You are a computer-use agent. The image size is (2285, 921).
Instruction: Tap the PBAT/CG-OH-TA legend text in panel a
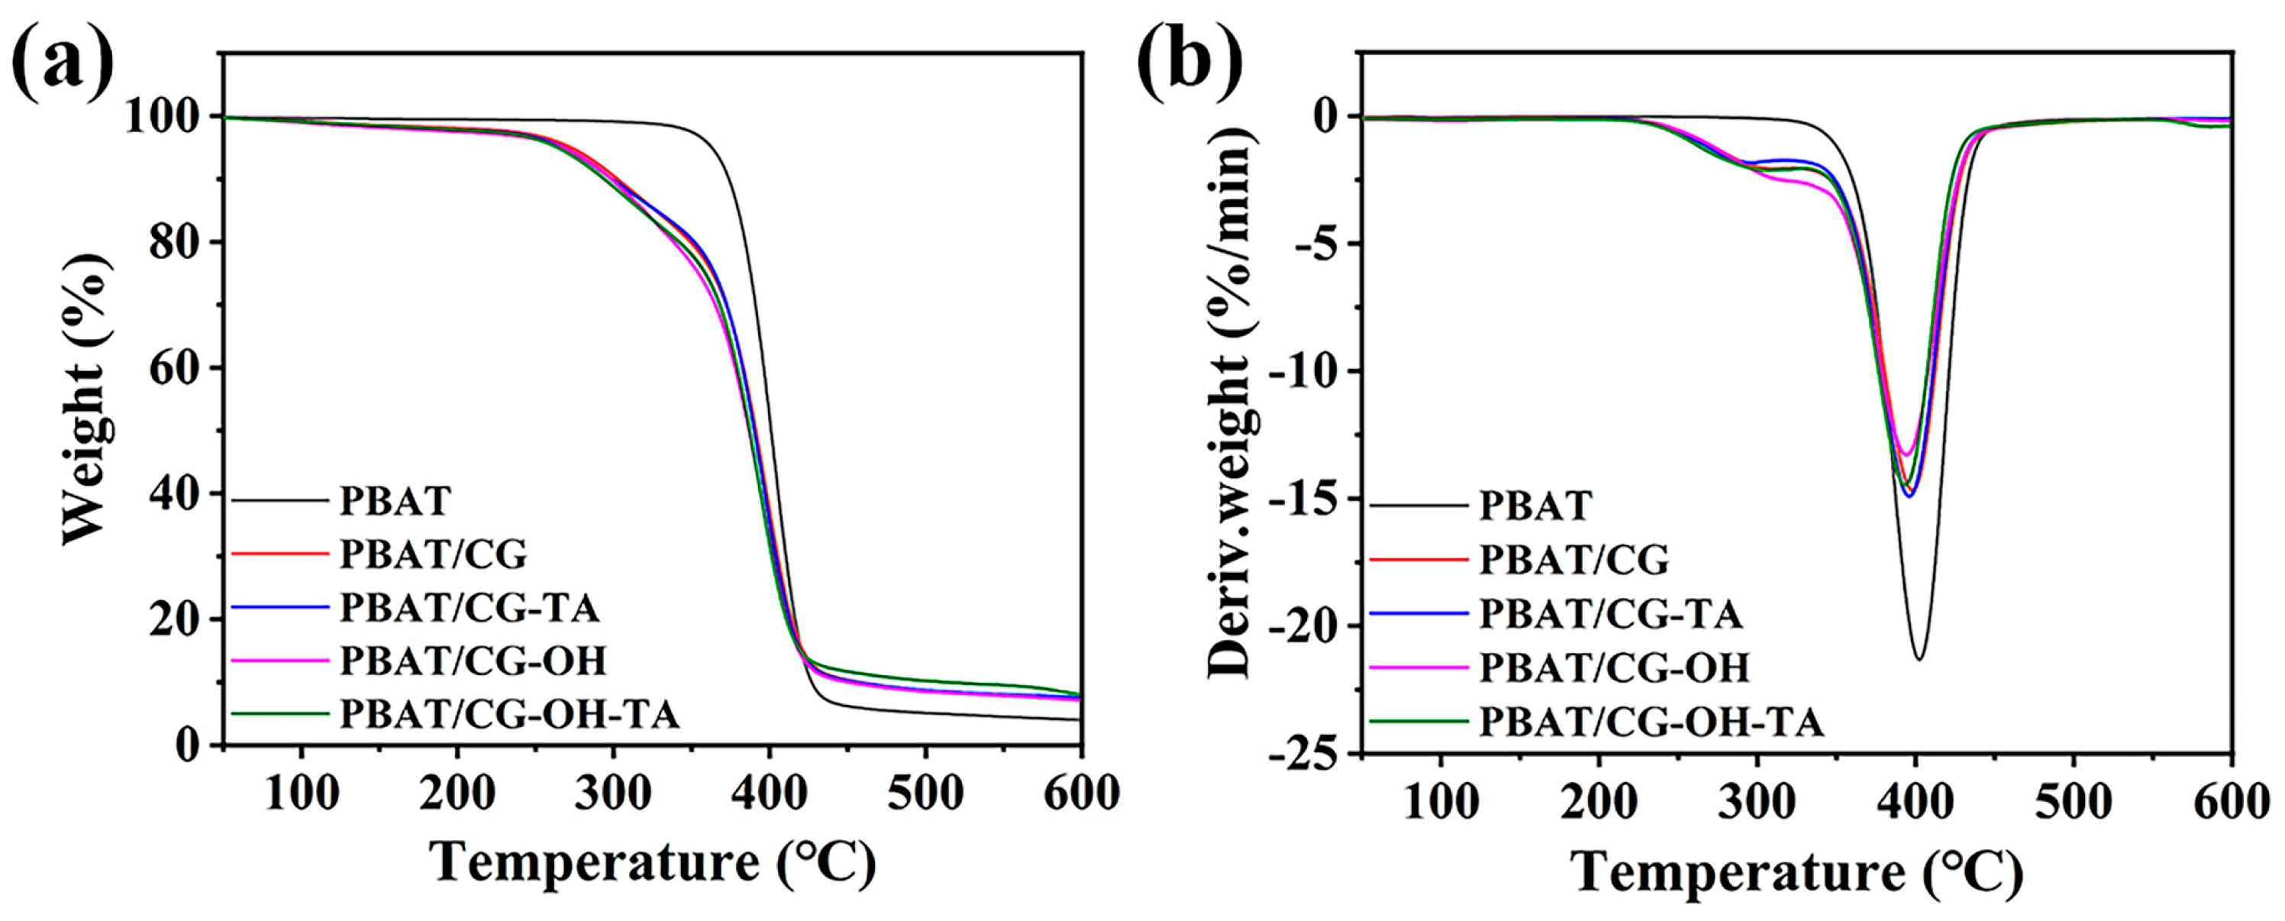coord(510,714)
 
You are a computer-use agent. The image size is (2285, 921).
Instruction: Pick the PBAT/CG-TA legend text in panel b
coord(1611,614)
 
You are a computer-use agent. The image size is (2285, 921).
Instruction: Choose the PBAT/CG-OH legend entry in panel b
coord(1615,667)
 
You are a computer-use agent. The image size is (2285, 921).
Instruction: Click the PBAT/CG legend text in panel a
coord(433,555)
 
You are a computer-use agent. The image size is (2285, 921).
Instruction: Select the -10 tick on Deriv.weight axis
coord(1303,371)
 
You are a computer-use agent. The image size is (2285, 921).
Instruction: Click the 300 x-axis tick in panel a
coord(613,793)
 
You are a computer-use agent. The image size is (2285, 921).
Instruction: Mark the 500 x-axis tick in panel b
coord(2073,801)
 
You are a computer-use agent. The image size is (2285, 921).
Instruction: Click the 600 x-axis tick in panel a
coord(1080,793)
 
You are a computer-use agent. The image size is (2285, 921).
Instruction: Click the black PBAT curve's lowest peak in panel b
coord(1919,659)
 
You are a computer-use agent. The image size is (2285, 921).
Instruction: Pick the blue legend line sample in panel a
coord(280,608)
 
